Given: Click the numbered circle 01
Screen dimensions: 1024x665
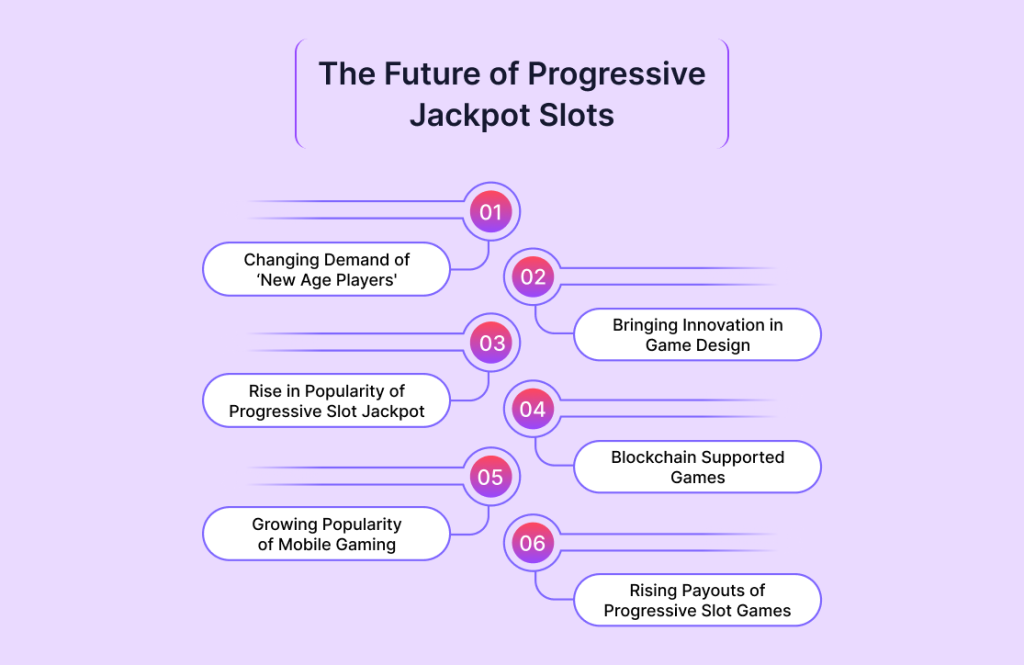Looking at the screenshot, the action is click(491, 212).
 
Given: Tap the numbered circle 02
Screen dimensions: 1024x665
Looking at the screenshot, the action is click(532, 277).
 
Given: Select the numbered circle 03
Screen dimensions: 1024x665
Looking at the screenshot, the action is click(491, 343).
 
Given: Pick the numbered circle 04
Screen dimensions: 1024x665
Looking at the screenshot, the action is click(532, 410).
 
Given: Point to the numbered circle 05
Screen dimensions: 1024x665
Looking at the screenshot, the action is click(491, 477).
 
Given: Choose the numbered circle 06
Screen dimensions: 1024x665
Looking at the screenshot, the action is click(532, 543).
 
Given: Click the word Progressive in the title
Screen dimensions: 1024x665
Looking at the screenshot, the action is click(616, 75).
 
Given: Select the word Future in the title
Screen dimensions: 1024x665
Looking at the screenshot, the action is click(432, 73).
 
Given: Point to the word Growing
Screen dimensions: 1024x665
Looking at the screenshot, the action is click(281, 525).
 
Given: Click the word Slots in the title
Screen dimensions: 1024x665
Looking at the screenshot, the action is click(568, 115).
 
